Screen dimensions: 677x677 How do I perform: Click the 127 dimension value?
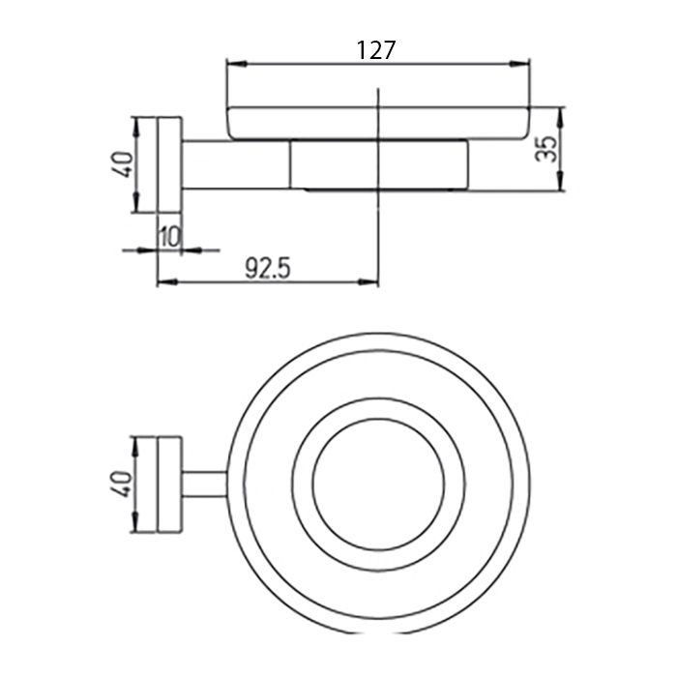point(376,50)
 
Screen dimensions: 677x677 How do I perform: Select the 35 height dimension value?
point(546,149)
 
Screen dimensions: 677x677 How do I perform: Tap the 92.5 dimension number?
point(268,268)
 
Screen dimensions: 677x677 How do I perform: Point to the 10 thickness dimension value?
point(169,237)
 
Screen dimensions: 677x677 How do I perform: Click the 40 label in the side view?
point(124,164)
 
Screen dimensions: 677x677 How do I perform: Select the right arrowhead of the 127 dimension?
point(520,64)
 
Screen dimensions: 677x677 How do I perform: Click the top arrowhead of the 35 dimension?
point(560,117)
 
